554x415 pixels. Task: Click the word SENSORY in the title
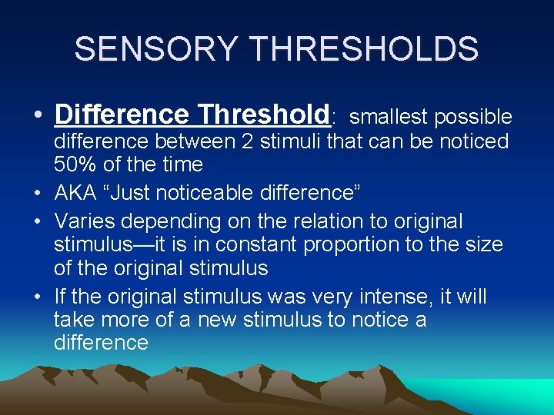pyautogui.click(x=158, y=49)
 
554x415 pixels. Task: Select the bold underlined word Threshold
pyautogui.click(x=263, y=115)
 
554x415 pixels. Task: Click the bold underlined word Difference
pyautogui.click(x=122, y=115)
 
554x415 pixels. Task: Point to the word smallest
pyautogui.click(x=390, y=117)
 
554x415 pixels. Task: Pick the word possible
pyautogui.click(x=473, y=117)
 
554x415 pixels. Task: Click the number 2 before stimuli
pyautogui.click(x=254, y=141)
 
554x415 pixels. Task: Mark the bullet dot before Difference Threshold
pyautogui.click(x=38, y=117)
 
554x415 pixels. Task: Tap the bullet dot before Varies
pyautogui.click(x=38, y=222)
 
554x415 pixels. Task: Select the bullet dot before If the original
pyautogui.click(x=38, y=297)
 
